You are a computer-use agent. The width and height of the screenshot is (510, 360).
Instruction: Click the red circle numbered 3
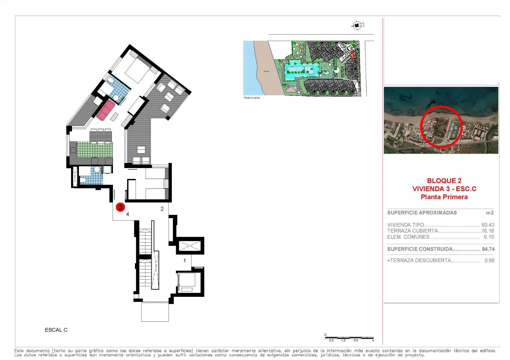tap(120, 207)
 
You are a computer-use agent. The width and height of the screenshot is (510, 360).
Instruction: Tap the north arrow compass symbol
tap(358, 25)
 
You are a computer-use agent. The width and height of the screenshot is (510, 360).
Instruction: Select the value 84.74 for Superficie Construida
tap(488, 249)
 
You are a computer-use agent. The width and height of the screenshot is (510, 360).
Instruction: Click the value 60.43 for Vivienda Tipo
tap(488, 225)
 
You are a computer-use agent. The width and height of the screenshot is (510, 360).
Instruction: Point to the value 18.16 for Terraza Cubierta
tap(488, 231)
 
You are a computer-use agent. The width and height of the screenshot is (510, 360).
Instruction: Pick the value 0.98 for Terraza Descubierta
tap(489, 260)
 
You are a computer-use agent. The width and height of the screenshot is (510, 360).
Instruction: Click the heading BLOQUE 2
tap(444, 181)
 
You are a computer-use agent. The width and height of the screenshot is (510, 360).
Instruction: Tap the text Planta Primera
tap(444, 197)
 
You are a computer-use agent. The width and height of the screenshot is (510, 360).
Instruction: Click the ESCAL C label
tap(56, 330)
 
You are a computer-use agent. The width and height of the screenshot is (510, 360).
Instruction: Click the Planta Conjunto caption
tap(252, 98)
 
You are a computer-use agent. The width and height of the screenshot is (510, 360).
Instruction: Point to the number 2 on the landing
tap(162, 209)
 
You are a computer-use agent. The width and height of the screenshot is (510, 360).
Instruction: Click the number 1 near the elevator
tap(185, 261)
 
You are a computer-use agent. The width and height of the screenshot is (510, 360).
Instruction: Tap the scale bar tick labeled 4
tap(373, 340)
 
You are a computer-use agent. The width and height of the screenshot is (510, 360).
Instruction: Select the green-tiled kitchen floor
tap(94, 150)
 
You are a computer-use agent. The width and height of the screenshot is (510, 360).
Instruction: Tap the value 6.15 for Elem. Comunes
tap(489, 237)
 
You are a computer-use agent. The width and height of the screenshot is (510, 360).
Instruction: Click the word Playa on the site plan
tap(266, 71)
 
